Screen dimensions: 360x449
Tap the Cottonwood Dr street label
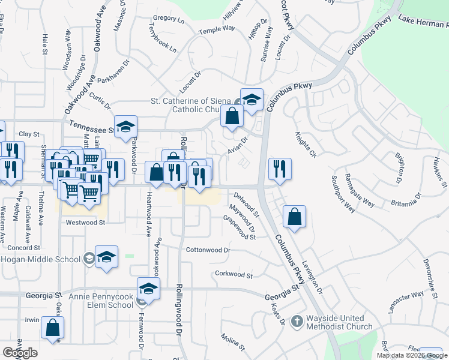point(208,250)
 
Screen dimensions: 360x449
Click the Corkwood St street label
point(234,274)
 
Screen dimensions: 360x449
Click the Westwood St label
point(85,222)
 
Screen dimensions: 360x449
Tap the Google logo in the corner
point(20,353)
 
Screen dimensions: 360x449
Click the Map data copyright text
point(411,355)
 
